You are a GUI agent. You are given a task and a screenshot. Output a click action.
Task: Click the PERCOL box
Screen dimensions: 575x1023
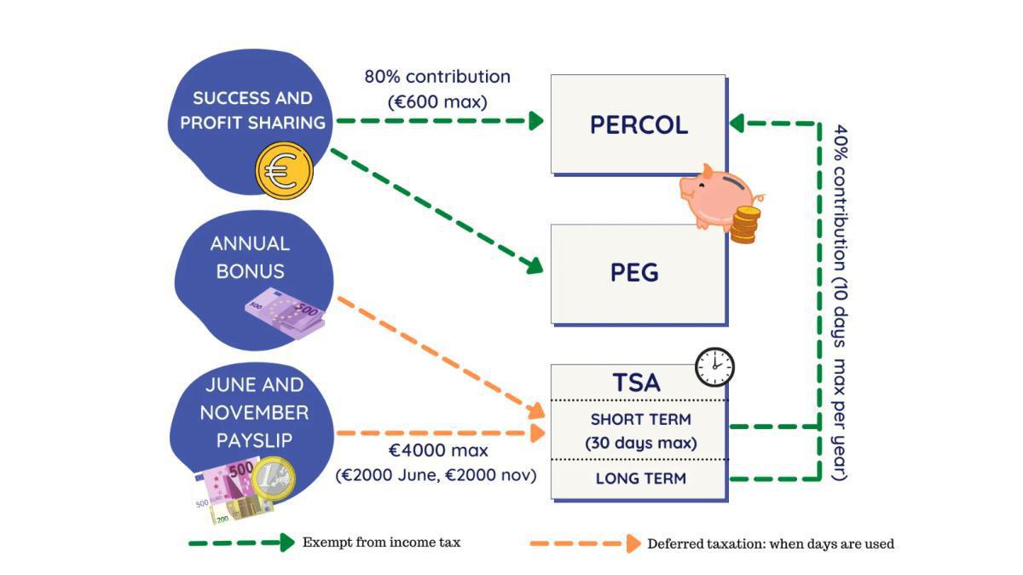point(638,125)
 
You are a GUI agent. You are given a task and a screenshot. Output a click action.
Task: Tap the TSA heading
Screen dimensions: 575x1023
point(636,383)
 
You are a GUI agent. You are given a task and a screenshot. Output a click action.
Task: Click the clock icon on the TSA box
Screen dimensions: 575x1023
point(714,367)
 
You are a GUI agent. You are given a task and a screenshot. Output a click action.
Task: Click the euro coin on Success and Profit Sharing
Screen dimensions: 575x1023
point(284,171)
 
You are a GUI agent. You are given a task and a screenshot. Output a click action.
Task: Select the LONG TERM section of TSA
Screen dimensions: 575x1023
point(639,479)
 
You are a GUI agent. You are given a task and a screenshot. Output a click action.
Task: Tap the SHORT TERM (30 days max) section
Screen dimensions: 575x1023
point(640,431)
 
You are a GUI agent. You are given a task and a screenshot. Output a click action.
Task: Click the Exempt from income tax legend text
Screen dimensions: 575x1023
point(381,543)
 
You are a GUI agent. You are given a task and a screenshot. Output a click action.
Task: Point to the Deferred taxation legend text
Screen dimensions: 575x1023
point(771,543)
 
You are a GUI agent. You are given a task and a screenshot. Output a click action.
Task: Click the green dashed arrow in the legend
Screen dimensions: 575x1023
point(241,543)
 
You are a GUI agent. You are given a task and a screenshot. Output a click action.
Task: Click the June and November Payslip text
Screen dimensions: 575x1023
point(253,412)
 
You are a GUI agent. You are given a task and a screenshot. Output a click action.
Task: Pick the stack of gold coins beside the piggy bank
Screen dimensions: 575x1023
point(744,224)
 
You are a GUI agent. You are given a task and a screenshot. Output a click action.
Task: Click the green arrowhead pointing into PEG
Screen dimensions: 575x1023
point(535,266)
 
